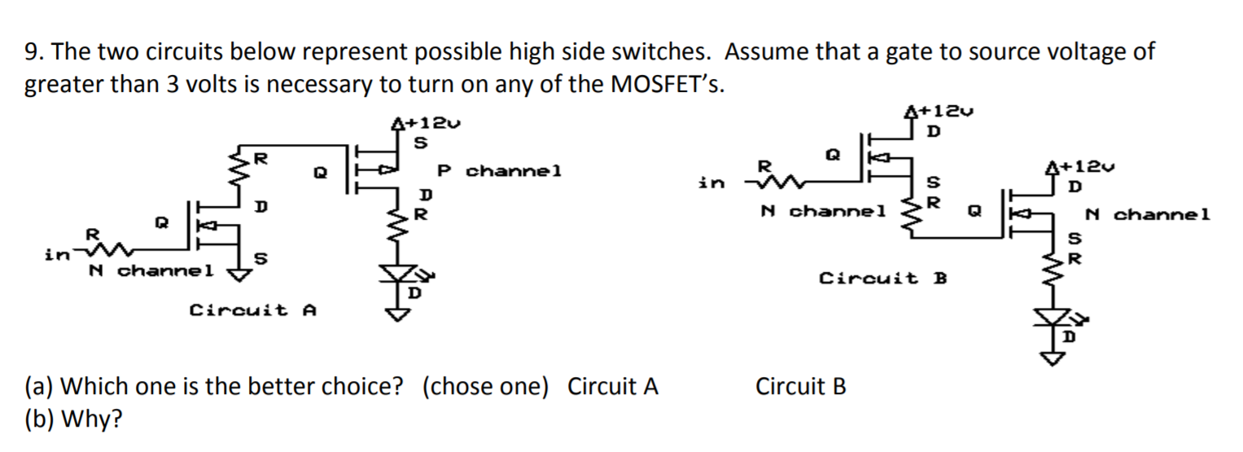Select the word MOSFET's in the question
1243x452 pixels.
click(665, 86)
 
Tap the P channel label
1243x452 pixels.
click(499, 172)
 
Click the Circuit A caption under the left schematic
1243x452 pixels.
click(252, 310)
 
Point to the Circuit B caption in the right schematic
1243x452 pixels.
click(882, 279)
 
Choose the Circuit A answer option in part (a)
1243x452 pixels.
click(612, 386)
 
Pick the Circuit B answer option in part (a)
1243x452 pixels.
click(801, 386)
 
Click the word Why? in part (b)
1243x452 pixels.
click(92, 419)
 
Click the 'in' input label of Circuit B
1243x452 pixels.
click(711, 184)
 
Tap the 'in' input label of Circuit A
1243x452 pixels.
click(57, 255)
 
